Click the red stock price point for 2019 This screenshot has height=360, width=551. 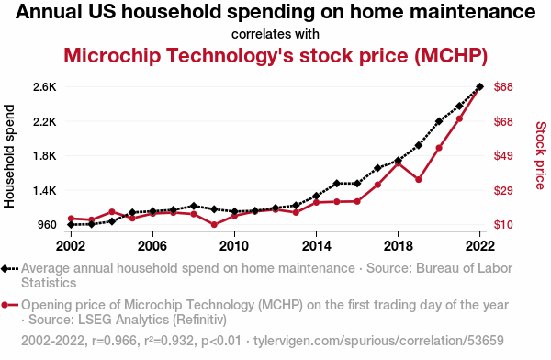tap(419, 180)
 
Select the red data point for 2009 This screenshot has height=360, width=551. tap(214, 225)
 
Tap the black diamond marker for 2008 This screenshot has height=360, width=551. tap(194, 206)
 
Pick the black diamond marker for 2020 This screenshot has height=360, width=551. tap(439, 121)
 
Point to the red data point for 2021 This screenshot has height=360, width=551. tap(459, 118)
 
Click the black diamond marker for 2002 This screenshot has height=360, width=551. tap(71, 224)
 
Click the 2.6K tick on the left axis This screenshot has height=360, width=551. tap(45, 87)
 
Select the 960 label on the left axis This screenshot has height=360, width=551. tap(47, 225)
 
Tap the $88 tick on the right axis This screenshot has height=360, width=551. tap(503, 87)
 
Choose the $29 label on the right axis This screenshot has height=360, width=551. tap(503, 190)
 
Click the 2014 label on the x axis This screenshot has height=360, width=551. tap(316, 246)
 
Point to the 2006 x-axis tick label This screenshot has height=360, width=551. tap(152, 246)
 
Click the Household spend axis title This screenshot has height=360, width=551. tap(9, 156)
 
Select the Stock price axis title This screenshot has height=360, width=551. tap(541, 155)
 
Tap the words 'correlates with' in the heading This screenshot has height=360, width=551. tap(275, 34)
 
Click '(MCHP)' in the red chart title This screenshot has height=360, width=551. tap(451, 55)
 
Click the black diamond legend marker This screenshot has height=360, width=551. tap(5, 269)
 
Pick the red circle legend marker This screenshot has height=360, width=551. tap(5, 305)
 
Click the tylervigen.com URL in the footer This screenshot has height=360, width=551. tap(378, 341)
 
